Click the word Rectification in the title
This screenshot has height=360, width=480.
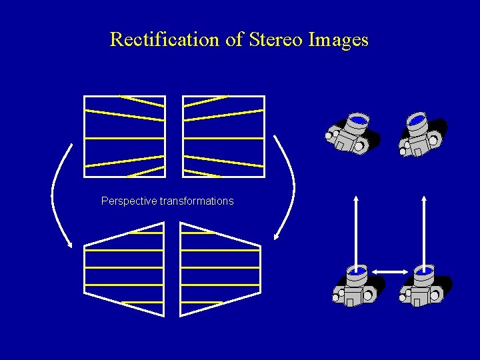(165, 40)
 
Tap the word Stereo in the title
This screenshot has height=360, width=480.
(276, 40)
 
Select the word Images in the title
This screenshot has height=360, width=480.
(338, 40)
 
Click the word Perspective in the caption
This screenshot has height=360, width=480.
(129, 201)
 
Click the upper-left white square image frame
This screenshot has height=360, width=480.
(124, 137)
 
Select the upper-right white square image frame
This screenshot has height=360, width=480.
(224, 137)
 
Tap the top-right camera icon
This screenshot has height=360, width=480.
(421, 135)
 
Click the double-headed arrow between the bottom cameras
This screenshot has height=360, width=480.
(389, 271)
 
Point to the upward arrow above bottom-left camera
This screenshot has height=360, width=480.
(357, 230)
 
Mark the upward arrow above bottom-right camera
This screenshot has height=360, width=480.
(424, 230)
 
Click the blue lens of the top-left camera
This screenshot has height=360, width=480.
(359, 121)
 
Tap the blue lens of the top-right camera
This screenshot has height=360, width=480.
(417, 121)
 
